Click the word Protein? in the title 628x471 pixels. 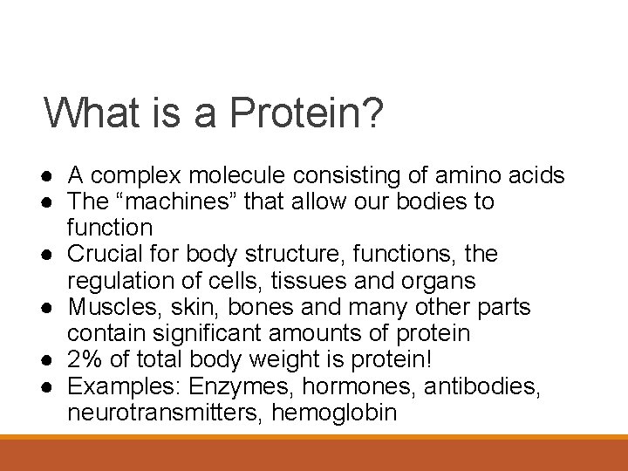coord(305,113)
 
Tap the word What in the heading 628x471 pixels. coord(87,113)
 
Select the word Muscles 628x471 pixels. coord(107,307)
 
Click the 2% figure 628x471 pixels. coord(84,359)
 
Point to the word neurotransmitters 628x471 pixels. coord(165,412)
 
